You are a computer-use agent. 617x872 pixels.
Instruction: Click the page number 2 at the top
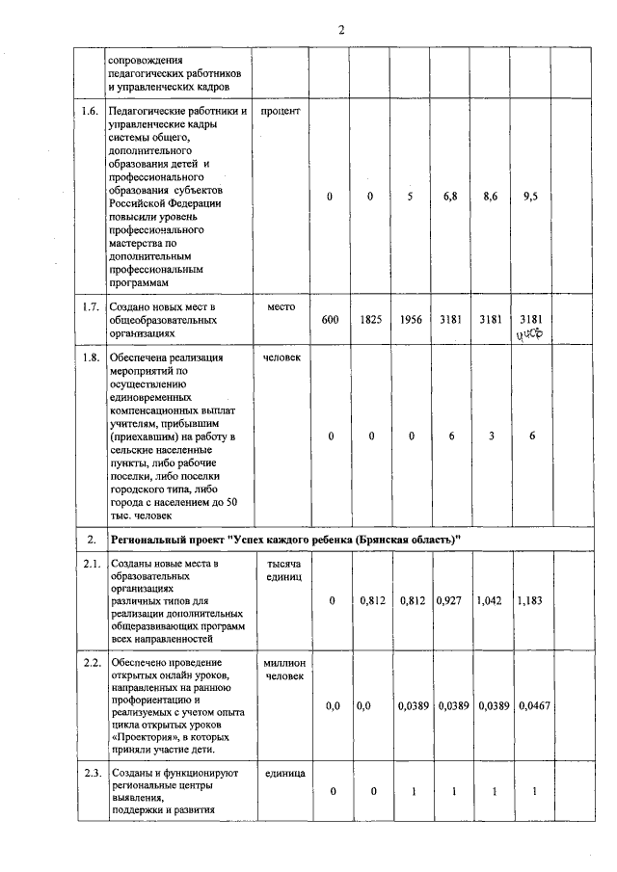(341, 29)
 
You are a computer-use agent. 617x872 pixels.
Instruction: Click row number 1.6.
(91, 112)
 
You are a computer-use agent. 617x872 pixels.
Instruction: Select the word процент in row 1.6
(281, 112)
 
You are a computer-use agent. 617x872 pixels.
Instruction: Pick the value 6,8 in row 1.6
(450, 197)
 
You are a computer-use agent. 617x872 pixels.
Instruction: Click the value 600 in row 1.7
(330, 319)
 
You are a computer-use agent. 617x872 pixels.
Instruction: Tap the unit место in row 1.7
(281, 306)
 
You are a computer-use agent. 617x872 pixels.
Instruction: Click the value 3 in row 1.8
(491, 436)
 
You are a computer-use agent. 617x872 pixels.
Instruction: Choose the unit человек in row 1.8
(281, 358)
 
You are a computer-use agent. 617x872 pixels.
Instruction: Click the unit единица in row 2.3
(283, 774)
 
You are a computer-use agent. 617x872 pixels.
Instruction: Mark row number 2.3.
(91, 774)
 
